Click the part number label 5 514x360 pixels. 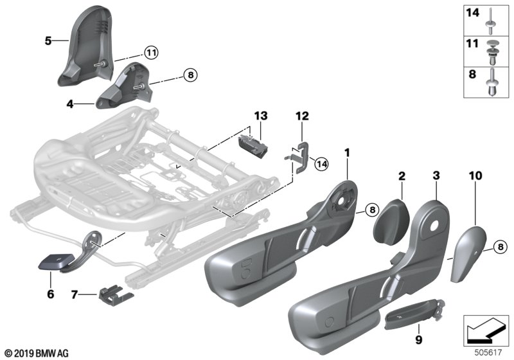pos(48,41)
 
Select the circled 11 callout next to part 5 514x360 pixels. pos(151,53)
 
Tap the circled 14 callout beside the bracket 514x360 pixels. pos(321,165)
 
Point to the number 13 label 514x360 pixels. pos(261,116)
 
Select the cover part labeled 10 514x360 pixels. pos(467,253)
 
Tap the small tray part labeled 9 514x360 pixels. pos(414,314)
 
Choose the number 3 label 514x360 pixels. pos(436,175)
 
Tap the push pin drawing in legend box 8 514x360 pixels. pos(491,83)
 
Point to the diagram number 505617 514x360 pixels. pos(488,352)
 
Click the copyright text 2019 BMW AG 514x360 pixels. pos(37,354)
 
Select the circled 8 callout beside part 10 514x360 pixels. pos(500,247)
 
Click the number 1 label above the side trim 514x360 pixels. pos(347,153)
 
